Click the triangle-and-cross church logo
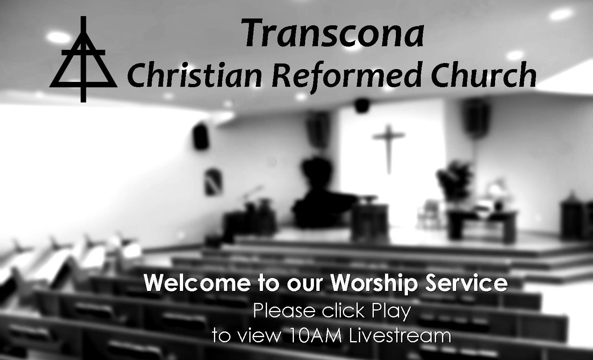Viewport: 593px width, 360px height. pos(83,60)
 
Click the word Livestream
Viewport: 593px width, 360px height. pos(400,335)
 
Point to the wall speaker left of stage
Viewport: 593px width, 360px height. pos(200,136)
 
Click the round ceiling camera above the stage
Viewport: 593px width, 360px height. pos(362,104)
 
